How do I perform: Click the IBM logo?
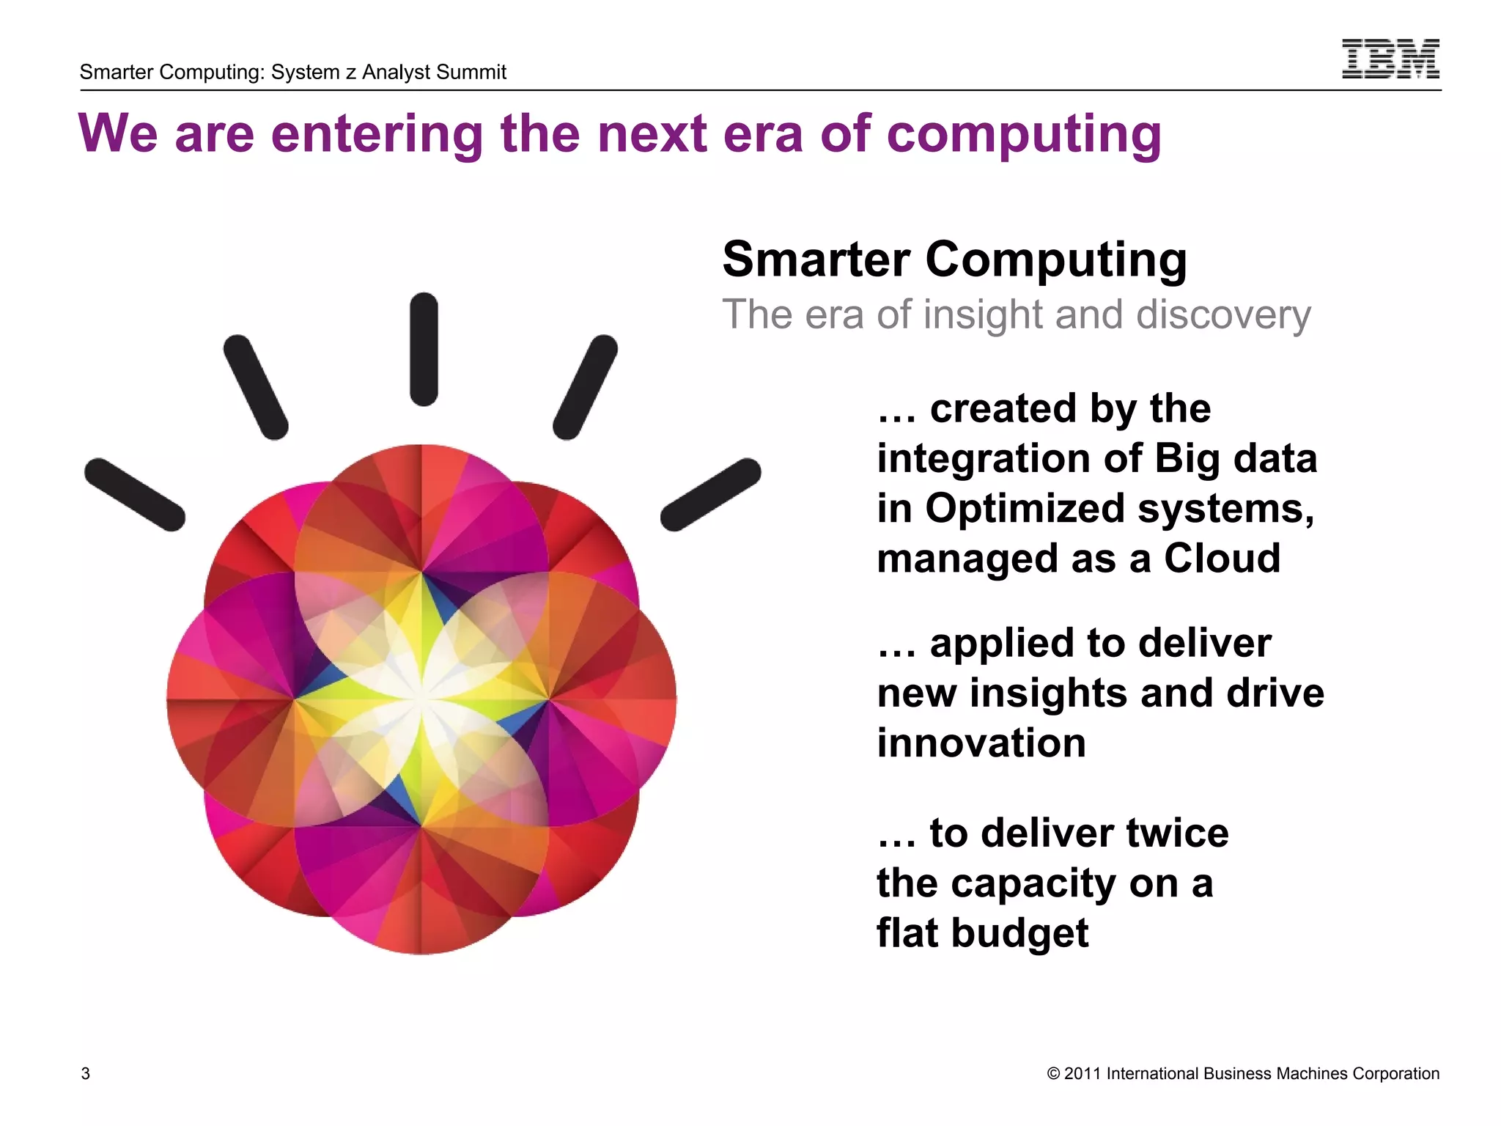pos(1390,59)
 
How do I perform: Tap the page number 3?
pos(86,1074)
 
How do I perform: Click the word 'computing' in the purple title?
pos(1024,135)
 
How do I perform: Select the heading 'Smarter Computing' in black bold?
pos(954,260)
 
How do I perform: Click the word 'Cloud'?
pos(1222,559)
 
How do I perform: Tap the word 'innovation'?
pos(981,743)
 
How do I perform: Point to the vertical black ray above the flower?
pos(424,349)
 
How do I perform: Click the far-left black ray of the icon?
pos(135,495)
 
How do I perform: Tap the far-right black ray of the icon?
pos(710,495)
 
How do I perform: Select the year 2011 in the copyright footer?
pos(1083,1074)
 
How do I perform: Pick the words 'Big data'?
pos(1236,459)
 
